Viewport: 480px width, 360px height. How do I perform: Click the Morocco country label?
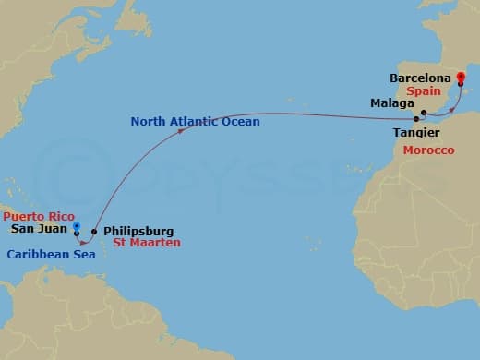pyautogui.click(x=428, y=150)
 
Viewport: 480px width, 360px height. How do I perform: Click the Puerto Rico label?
pyautogui.click(x=38, y=216)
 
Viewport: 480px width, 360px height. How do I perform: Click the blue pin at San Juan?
pyautogui.click(x=78, y=225)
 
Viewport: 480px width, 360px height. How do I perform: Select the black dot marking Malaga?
pyautogui.click(x=423, y=114)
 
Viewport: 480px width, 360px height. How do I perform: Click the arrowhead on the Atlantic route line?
pyautogui.click(x=183, y=129)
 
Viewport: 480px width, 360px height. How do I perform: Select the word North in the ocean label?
pyautogui.click(x=149, y=121)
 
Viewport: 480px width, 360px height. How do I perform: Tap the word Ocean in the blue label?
pyautogui.click(x=242, y=121)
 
